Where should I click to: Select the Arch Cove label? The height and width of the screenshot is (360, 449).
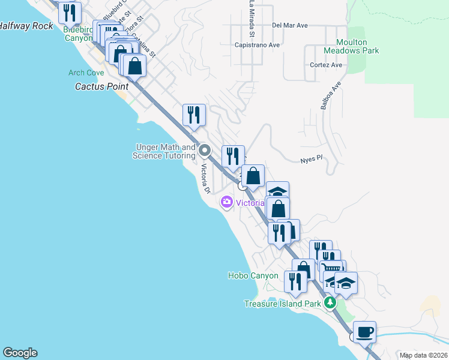point(86,73)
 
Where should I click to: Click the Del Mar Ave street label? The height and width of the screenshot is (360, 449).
point(289,25)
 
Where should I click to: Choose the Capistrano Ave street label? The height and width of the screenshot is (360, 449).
point(258,45)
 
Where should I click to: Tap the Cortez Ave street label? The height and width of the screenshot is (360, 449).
point(326,65)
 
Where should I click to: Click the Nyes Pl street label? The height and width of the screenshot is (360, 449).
point(312,160)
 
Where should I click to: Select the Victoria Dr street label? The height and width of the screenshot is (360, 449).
point(205,178)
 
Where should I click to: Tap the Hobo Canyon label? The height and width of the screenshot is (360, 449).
point(253,276)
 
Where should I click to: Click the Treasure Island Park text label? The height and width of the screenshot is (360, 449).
point(282,304)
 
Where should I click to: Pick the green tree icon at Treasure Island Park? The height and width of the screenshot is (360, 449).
point(330,303)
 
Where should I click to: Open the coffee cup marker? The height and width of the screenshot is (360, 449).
point(364,332)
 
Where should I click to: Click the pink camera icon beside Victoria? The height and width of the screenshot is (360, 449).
point(227,202)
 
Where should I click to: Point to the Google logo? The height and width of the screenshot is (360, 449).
point(20,353)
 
